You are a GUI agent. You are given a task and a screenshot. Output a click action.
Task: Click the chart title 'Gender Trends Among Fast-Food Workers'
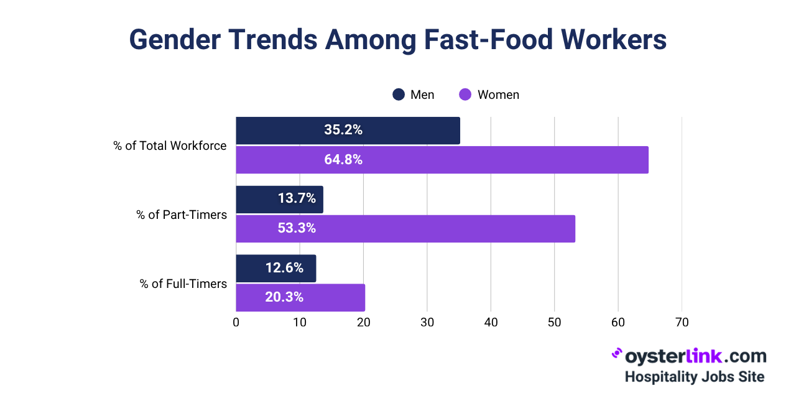pos(398,40)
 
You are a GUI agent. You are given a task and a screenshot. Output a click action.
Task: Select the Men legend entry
pos(414,95)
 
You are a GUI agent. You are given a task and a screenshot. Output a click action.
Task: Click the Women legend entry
pos(489,95)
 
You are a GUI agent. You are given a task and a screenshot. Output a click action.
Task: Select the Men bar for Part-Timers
pos(279,199)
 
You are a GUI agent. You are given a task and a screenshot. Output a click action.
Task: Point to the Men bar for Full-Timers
pos(275,268)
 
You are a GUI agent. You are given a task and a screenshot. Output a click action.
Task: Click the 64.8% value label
pos(343,160)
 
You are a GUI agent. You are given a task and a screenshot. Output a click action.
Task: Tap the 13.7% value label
pos(297,199)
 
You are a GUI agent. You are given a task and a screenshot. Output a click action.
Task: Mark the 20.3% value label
pos(284,297)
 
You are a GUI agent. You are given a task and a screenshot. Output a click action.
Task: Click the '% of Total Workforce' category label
pos(170,146)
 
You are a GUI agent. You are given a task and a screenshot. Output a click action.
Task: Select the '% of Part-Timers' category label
pos(182,215)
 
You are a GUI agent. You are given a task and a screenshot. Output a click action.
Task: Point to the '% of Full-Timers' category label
pos(183,284)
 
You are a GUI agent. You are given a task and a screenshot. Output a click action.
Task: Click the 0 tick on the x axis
pos(236,323)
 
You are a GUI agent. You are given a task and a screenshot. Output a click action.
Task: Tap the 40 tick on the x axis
pos(491,323)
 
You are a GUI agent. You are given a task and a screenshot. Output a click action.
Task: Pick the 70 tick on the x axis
pos(682,323)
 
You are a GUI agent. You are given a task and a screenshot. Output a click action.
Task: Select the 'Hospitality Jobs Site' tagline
pos(694,377)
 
